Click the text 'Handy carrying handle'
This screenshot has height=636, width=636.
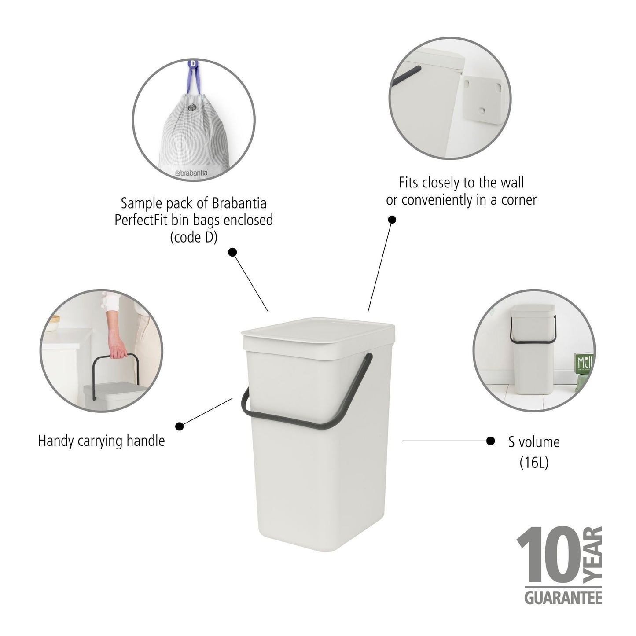click(x=101, y=441)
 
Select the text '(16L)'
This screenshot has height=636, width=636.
click(x=534, y=462)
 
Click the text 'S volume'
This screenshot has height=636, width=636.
click(x=534, y=442)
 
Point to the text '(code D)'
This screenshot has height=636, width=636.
click(x=194, y=237)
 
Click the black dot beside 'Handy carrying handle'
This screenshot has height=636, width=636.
click(x=180, y=426)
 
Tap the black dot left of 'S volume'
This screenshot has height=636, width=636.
click(x=490, y=441)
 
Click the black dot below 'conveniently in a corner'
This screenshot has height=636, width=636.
click(x=391, y=220)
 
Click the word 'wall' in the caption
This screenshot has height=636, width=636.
click(x=511, y=182)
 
